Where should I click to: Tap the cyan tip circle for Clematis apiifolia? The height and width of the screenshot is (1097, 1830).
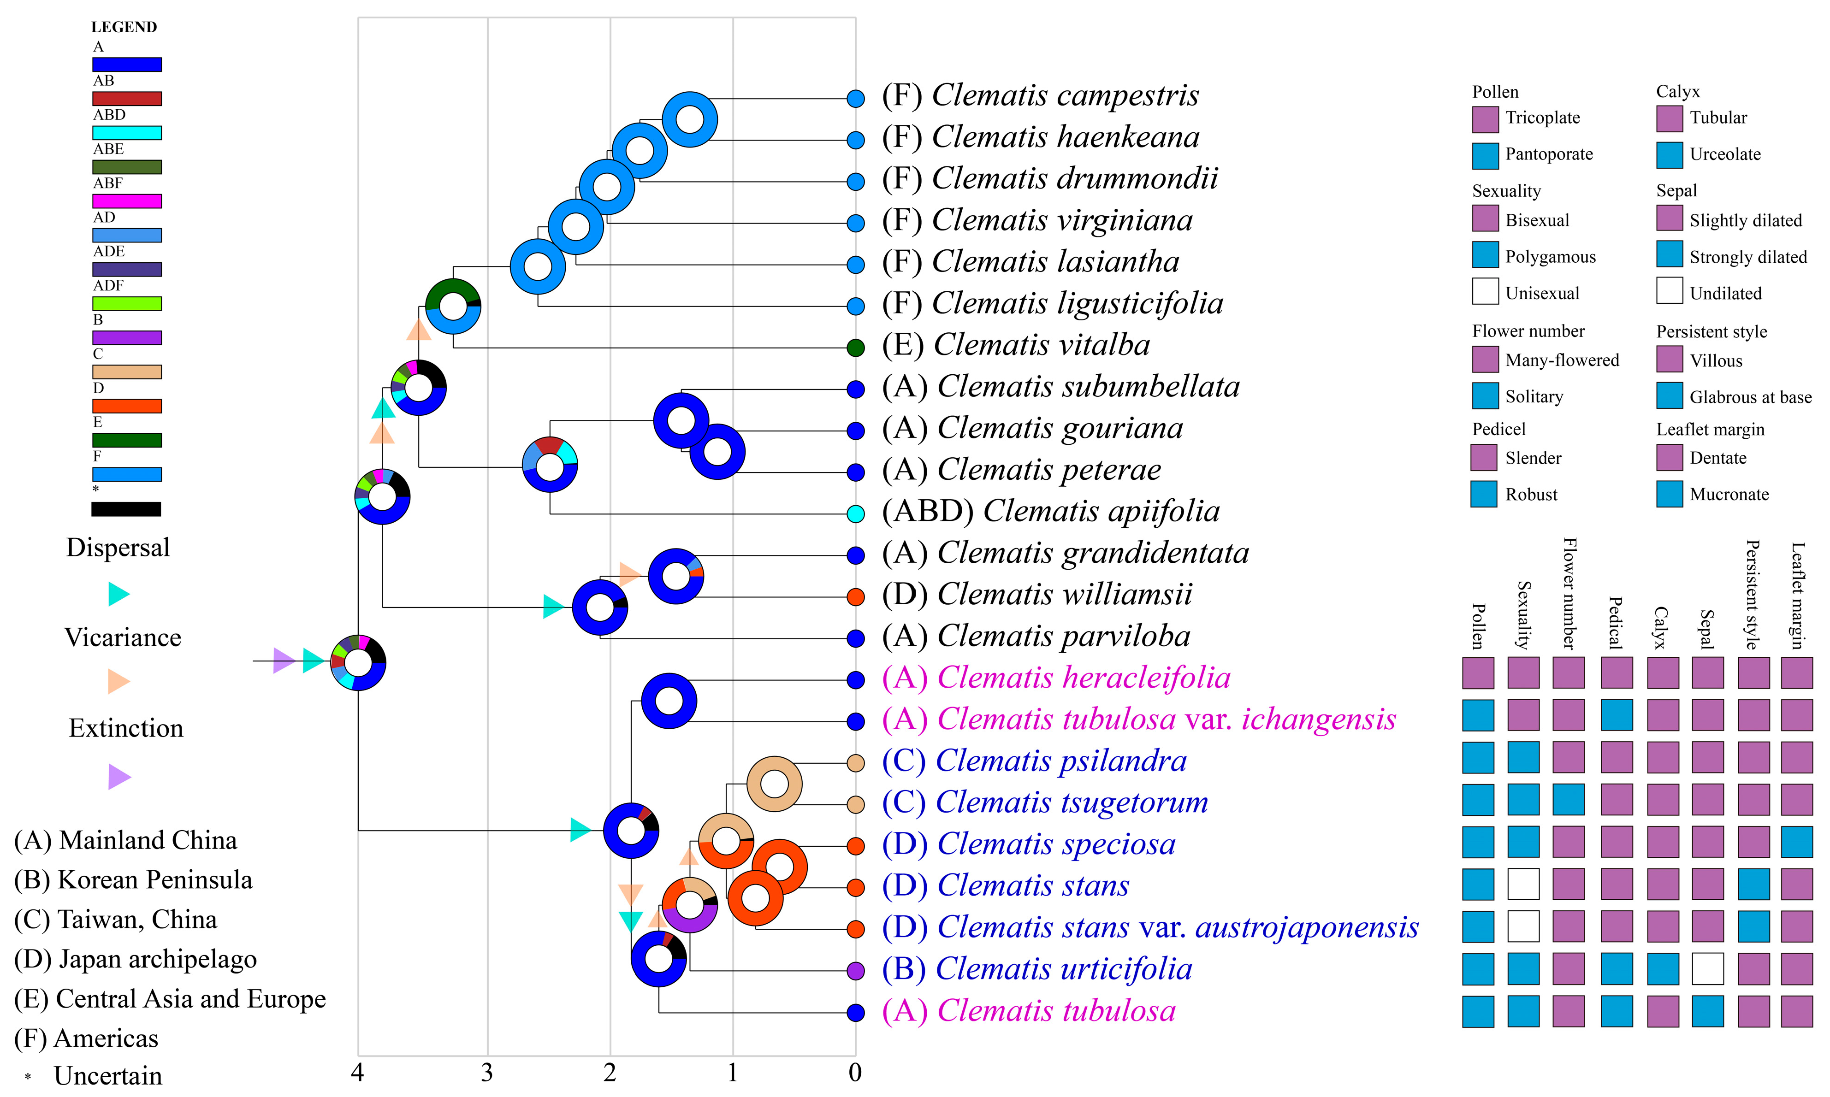pos(855,514)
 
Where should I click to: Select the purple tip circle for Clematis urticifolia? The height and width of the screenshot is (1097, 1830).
pos(855,971)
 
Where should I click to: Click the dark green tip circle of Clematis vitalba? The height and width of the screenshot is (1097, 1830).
pos(855,348)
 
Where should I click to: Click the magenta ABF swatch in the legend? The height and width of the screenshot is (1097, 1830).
pos(126,201)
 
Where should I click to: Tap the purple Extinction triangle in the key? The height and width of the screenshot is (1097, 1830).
pos(118,776)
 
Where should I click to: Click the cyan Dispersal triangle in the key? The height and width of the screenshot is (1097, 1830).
pos(118,594)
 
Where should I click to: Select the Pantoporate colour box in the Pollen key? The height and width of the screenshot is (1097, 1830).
pos(1485,155)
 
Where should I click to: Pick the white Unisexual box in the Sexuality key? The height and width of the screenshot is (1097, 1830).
pos(1485,291)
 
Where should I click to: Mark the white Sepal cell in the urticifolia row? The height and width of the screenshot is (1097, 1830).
pos(1707,968)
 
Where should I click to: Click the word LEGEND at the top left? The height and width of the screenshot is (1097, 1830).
pos(124,27)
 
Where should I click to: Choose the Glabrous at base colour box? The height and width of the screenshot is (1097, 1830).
pos(1669,395)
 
